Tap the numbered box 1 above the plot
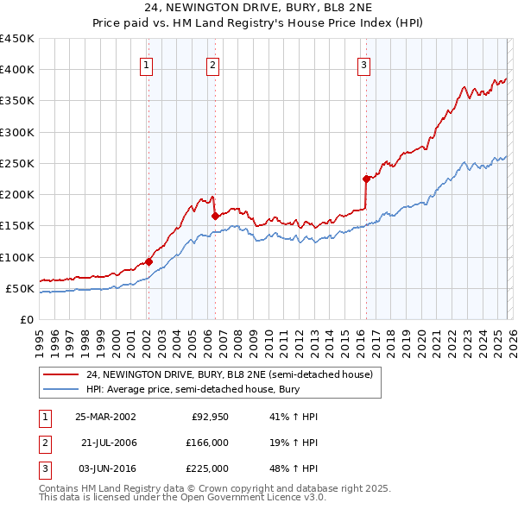pos(147,64)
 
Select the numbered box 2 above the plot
pos(212,64)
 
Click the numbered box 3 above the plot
pos(364,64)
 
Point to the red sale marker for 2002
pos(148,261)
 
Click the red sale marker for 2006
pos(215,216)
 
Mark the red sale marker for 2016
pos(366,179)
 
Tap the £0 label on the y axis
pos(27,319)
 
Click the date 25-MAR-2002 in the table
pos(104,417)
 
